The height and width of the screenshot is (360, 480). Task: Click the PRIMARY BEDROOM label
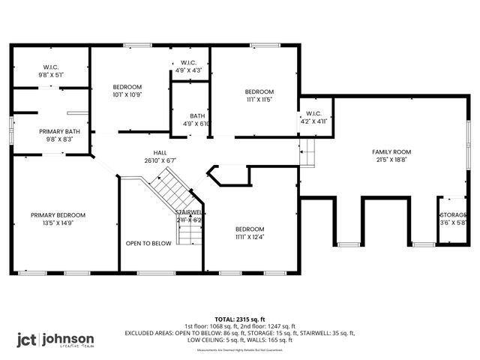pos(58,215)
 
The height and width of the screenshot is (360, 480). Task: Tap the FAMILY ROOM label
pos(392,152)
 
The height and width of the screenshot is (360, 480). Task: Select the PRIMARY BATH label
pos(59,131)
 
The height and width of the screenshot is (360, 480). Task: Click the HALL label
pos(149,152)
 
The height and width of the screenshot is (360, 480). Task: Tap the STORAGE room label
pos(453,215)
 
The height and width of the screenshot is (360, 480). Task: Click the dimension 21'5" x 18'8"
pos(392,160)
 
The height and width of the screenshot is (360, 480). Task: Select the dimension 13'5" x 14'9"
pos(58,223)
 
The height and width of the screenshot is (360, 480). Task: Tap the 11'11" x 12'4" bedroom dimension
pos(249,237)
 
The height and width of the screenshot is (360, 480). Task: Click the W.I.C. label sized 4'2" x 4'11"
pos(315,114)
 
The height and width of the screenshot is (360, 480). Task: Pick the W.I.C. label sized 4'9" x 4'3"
pos(188,62)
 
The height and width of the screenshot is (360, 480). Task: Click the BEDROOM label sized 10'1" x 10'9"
pos(127,86)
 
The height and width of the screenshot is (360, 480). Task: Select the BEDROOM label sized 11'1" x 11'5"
pos(259,91)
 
